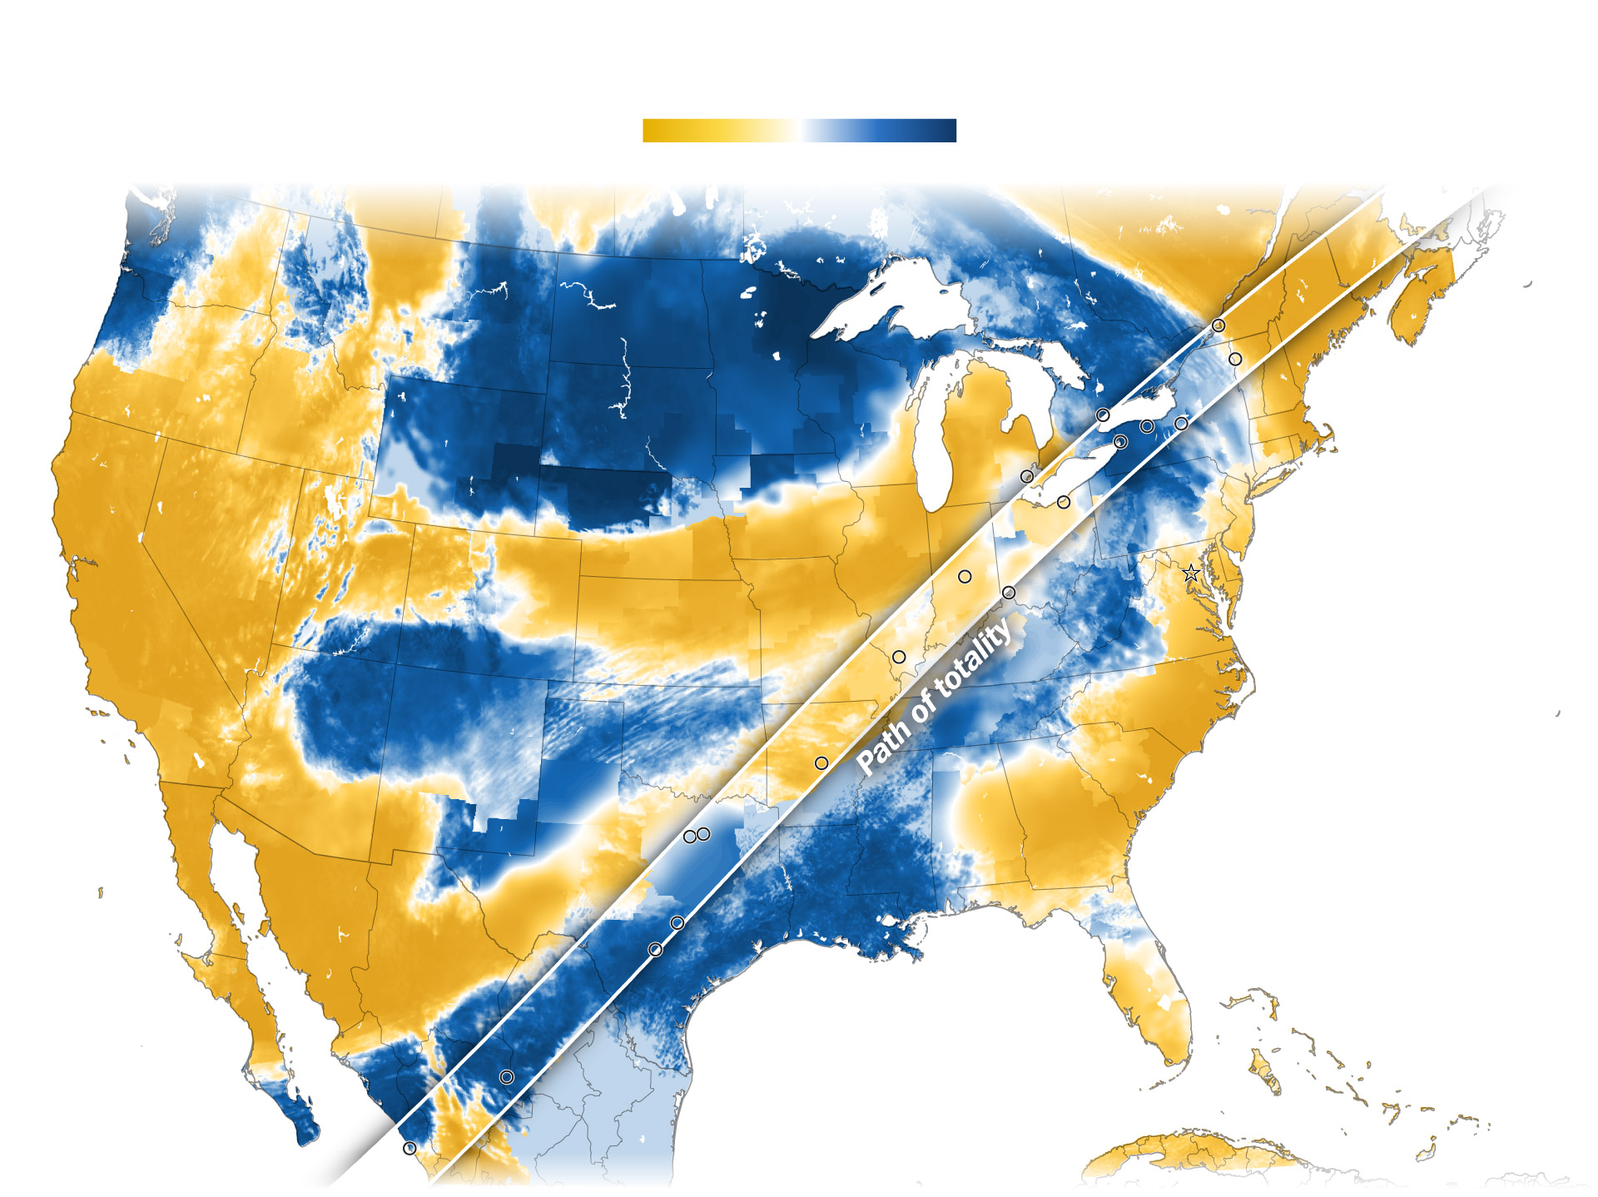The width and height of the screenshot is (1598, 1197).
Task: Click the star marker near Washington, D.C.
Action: tap(1191, 573)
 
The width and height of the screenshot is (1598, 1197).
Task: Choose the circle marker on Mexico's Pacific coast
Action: tap(409, 1148)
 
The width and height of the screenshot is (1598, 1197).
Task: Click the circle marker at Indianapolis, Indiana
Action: tap(965, 576)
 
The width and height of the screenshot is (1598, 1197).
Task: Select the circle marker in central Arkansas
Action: tap(821, 762)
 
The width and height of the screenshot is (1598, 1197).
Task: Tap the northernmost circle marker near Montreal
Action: tap(1218, 325)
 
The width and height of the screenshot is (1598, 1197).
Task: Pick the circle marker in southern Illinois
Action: tap(899, 657)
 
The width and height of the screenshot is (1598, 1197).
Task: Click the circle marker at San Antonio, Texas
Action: tap(655, 950)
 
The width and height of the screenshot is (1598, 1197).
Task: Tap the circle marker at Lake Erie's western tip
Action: tap(1027, 476)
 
